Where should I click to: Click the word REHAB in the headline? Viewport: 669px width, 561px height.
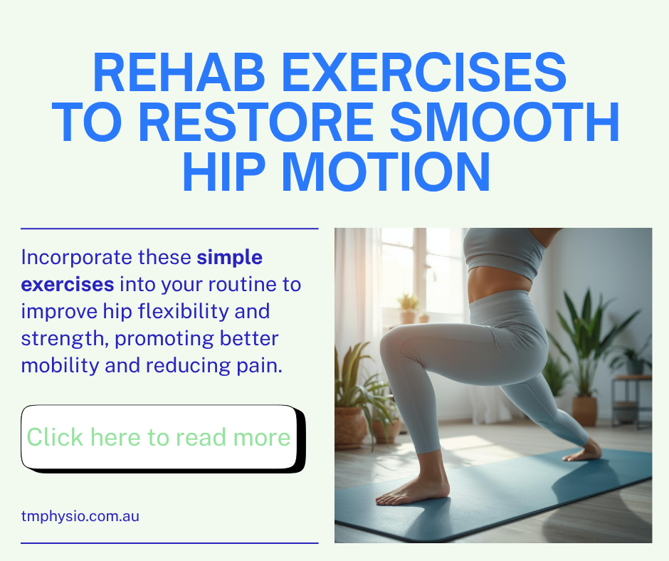(x=179, y=72)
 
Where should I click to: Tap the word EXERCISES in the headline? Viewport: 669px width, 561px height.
(x=424, y=72)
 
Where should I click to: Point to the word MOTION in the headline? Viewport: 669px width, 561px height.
(x=386, y=171)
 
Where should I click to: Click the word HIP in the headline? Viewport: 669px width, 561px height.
(x=223, y=171)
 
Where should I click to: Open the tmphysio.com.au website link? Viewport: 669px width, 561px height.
(x=80, y=516)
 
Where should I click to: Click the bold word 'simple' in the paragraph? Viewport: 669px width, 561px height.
(x=230, y=258)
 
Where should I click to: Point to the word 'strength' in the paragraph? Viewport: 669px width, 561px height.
(x=63, y=339)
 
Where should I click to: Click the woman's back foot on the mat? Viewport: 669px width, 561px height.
(x=584, y=451)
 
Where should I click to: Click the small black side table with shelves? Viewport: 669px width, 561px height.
(x=631, y=402)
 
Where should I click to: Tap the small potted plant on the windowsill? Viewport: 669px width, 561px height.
(x=409, y=308)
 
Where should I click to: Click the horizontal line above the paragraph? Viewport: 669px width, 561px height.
(x=170, y=229)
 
